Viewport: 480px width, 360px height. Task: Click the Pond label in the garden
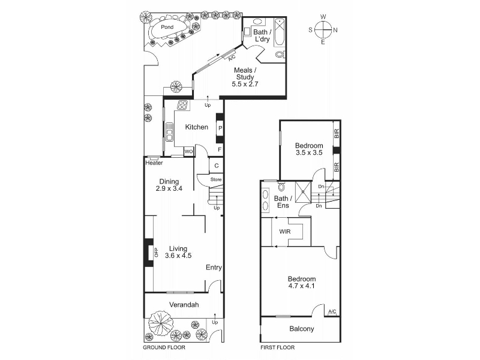(x=167, y=27)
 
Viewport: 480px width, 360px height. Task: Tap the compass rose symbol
(x=323, y=29)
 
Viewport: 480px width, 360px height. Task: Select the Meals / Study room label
(x=245, y=77)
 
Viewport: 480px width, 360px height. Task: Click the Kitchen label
(x=197, y=127)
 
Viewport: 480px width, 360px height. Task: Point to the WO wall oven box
(x=188, y=152)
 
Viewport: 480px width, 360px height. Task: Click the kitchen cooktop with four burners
(x=182, y=105)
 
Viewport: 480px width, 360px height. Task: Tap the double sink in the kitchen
(x=169, y=132)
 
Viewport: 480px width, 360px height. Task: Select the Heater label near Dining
(x=154, y=163)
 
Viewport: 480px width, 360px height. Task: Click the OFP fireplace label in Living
(x=156, y=252)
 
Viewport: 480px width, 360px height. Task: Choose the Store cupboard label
(x=216, y=179)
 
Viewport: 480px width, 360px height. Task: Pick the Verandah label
(x=184, y=305)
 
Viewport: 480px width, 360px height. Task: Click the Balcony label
(x=302, y=329)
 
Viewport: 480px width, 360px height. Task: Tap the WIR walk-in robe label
(x=284, y=232)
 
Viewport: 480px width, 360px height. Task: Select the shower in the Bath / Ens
(x=303, y=191)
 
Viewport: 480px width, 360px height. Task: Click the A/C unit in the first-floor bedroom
(x=332, y=311)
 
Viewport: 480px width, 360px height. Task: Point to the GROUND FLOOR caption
(x=164, y=347)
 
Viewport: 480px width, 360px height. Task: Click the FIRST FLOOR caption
(x=277, y=347)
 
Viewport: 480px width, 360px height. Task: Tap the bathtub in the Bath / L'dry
(x=279, y=33)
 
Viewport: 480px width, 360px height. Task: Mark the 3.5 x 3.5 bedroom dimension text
(x=309, y=152)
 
